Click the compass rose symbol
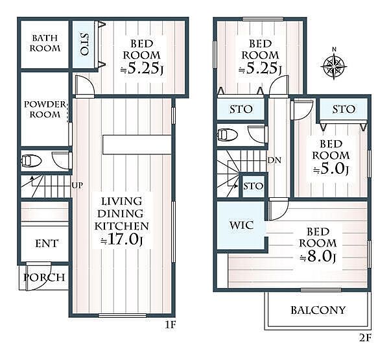pyautogui.click(x=334, y=65)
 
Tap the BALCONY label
pyautogui.click(x=318, y=310)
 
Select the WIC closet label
pyautogui.click(x=241, y=225)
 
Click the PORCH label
pyautogui.click(x=44, y=277)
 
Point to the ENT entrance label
pyautogui.click(x=47, y=243)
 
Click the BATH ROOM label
pyautogui.click(x=45, y=43)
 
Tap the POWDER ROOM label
pyautogui.click(x=45, y=109)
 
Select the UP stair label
pyautogui.click(x=77, y=186)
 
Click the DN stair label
pyautogui.click(x=274, y=160)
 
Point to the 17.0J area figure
pyautogui.click(x=121, y=240)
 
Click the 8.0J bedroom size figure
pyautogui.click(x=318, y=257)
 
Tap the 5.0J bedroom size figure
pyautogui.click(x=331, y=169)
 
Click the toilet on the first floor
pyautogui.click(x=31, y=161)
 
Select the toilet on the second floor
pyautogui.click(x=228, y=135)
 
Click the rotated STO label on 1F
pyautogui.click(x=84, y=44)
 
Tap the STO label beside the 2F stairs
pyautogui.click(x=253, y=186)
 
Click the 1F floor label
pyautogui.click(x=171, y=325)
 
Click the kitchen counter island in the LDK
pyautogui.click(x=137, y=145)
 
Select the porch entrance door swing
pyautogui.click(x=38, y=276)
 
